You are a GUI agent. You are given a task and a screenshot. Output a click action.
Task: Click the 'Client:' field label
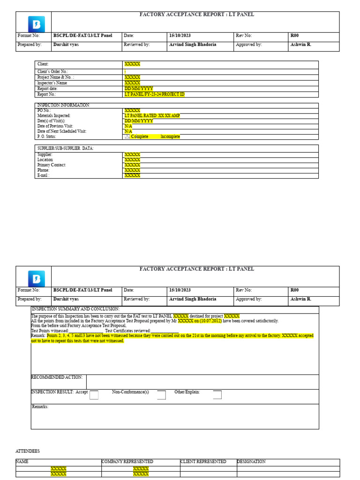coord(43,64)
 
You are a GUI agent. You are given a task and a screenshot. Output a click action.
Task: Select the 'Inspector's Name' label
coord(52,83)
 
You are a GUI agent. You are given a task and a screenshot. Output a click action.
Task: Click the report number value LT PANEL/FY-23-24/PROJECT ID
coord(154,94)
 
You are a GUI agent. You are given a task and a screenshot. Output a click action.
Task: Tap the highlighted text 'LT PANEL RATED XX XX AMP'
coord(152,115)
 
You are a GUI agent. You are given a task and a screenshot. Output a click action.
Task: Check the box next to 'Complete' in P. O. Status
coord(127,136)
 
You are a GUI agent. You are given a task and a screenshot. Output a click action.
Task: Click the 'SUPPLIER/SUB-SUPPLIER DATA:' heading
coord(65,148)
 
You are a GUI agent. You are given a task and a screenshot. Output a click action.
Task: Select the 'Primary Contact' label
coord(51,165)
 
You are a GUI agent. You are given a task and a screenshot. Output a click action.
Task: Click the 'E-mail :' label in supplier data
coord(43,175)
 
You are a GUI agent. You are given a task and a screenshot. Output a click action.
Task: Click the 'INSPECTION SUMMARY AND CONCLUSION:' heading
coord(75,309)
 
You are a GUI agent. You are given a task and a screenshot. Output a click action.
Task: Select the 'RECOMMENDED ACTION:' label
coord(57,377)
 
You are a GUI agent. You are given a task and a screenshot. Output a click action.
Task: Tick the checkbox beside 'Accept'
coord(94,395)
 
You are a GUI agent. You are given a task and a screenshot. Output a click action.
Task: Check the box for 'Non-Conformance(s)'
coord(161,395)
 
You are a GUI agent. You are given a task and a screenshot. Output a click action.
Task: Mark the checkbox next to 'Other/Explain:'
coord(217,395)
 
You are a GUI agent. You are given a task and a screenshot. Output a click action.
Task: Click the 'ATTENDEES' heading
coord(28,451)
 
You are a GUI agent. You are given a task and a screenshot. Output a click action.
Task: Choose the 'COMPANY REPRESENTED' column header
coord(127,462)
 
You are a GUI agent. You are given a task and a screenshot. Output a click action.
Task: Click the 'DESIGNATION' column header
coord(251,462)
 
